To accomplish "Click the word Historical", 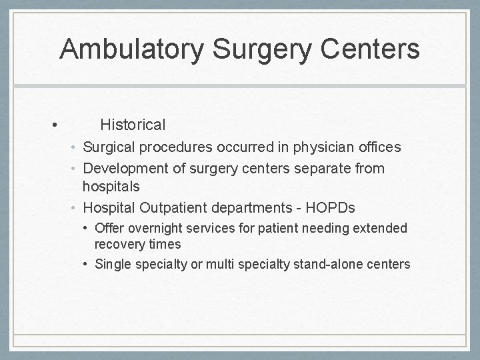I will (133, 125).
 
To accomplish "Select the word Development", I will (125, 169).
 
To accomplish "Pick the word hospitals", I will (111, 186).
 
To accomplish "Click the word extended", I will (379, 228).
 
